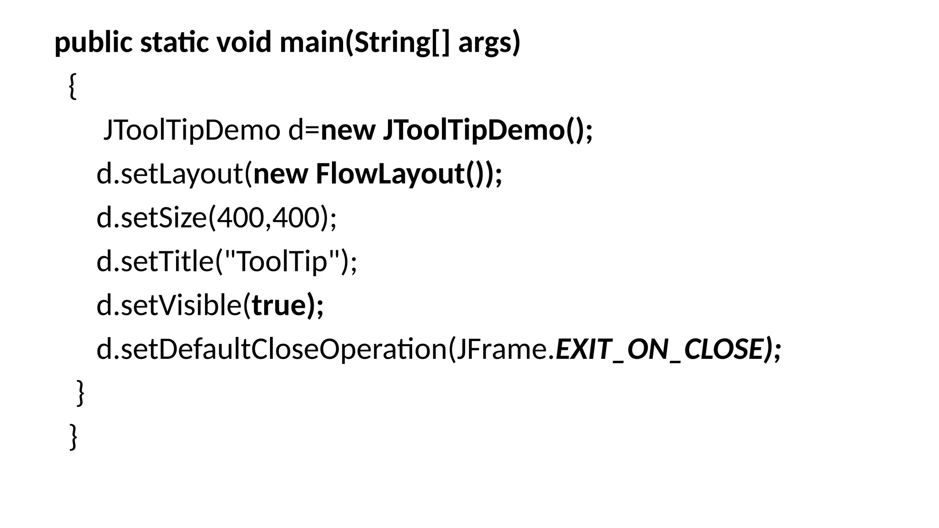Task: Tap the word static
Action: pyautogui.click(x=174, y=43)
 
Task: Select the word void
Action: pyautogui.click(x=243, y=43)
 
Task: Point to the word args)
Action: pyautogui.click(x=489, y=43)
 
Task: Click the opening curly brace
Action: pyautogui.click(x=72, y=86)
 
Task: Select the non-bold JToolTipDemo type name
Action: pyautogui.click(x=192, y=130)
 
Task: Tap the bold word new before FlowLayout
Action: pyautogui.click(x=280, y=174)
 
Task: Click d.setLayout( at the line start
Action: pyautogui.click(x=174, y=174)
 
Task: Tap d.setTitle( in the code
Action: pyautogui.click(x=156, y=262)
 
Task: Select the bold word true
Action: pyautogui.click(x=279, y=305)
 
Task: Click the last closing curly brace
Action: pyautogui.click(x=73, y=436)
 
